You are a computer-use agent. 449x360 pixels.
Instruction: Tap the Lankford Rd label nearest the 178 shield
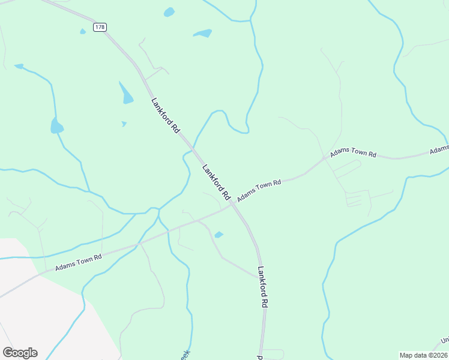click(x=166, y=115)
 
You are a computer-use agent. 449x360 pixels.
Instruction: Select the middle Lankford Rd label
click(x=217, y=182)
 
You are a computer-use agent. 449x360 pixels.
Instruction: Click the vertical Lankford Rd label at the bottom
click(x=262, y=287)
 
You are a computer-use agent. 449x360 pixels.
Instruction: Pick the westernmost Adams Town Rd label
click(x=79, y=262)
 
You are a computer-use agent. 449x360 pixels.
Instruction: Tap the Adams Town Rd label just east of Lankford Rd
click(x=259, y=191)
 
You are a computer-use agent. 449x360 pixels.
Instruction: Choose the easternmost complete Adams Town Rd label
click(x=353, y=154)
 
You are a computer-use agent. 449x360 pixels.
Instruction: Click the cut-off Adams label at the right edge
click(x=439, y=149)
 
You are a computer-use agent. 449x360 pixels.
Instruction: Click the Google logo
click(x=20, y=352)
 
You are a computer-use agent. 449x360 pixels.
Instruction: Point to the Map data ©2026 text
click(x=423, y=355)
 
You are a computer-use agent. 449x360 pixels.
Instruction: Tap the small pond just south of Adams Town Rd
click(x=218, y=235)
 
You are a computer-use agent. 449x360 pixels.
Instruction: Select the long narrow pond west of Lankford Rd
click(x=126, y=94)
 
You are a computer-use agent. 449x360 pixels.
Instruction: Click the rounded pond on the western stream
click(x=57, y=126)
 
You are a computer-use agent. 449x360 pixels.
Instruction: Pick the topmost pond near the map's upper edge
click(x=169, y=12)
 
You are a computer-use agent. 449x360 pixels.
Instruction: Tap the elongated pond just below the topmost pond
click(x=203, y=34)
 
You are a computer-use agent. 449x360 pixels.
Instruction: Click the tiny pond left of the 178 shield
click(x=83, y=31)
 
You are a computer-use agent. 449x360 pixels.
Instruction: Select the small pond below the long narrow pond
click(x=124, y=124)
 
